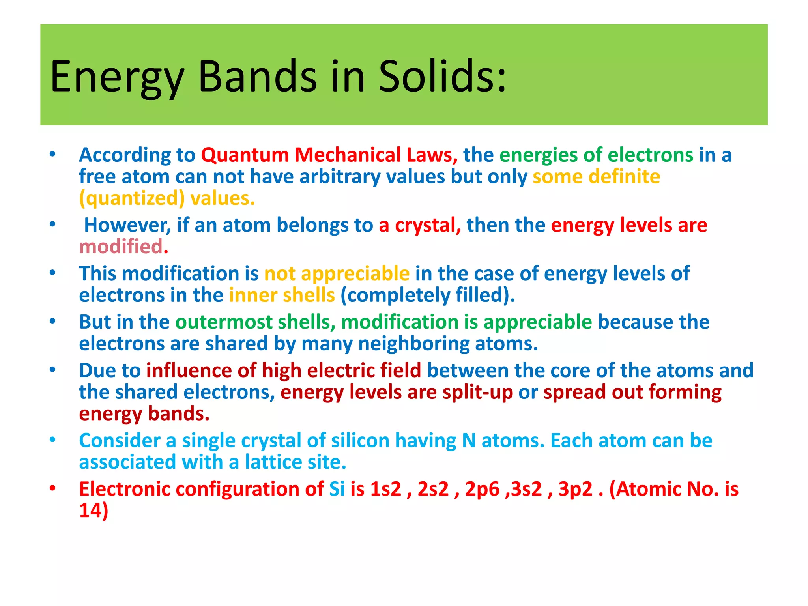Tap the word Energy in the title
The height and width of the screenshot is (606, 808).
117,78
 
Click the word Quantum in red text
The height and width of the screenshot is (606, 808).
245,155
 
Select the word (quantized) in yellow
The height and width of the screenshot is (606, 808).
132,198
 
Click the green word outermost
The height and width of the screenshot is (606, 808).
224,322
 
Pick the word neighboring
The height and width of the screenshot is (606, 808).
413,344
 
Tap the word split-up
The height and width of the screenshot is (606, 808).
477,392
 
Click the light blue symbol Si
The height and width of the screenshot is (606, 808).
337,489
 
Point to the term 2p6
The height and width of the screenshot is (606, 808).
482,489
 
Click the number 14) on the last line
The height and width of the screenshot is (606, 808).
94,511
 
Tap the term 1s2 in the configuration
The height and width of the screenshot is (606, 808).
385,489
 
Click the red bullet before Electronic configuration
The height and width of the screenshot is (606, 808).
52,488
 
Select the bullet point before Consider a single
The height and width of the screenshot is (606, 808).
52,440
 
